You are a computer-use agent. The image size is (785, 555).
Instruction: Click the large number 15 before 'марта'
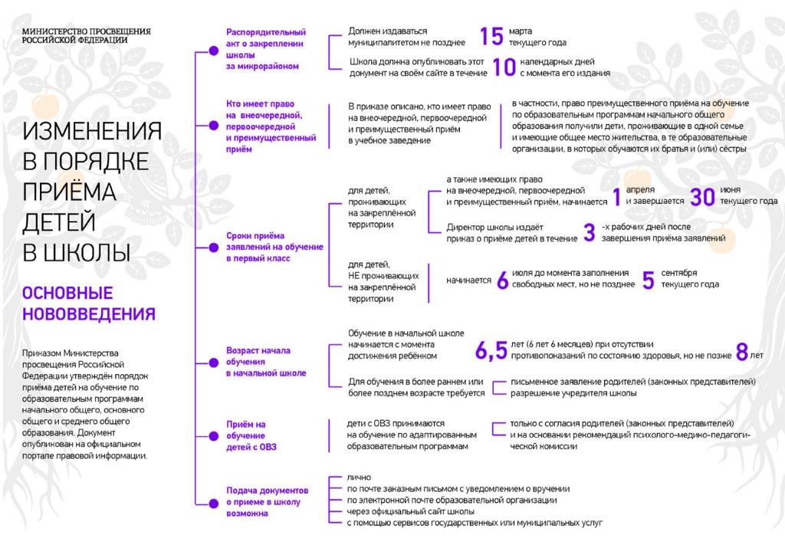click(491, 36)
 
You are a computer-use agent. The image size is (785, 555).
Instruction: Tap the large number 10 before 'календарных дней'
click(504, 67)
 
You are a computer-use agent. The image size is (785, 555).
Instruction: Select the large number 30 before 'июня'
click(702, 196)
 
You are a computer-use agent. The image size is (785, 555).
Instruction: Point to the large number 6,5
click(491, 351)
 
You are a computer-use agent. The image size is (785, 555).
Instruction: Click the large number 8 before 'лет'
click(741, 351)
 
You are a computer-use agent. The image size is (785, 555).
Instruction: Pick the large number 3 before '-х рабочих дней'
click(589, 232)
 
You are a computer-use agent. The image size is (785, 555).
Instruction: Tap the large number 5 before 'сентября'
click(648, 281)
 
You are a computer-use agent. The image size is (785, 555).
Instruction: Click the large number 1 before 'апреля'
click(616, 197)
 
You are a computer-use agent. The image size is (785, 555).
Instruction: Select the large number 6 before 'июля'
click(503, 281)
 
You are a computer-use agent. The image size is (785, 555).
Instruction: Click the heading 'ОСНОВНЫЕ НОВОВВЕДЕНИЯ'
click(89, 304)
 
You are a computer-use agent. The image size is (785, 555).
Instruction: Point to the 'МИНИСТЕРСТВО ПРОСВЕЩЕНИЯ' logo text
click(86, 31)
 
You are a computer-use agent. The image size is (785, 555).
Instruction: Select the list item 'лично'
click(359, 478)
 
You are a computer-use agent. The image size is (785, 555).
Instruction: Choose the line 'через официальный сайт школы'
click(410, 511)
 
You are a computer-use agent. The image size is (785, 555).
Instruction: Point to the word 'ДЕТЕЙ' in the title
click(60, 222)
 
